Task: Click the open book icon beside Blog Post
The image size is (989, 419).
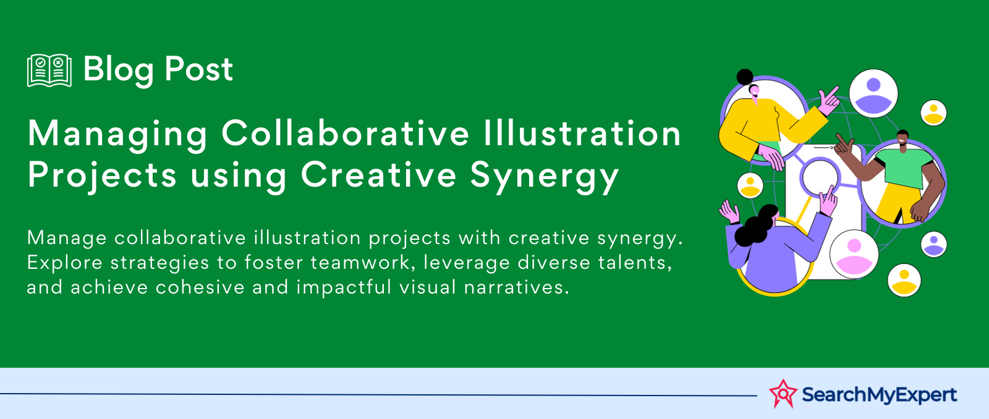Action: tap(49, 70)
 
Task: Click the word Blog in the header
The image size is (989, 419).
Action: tap(118, 70)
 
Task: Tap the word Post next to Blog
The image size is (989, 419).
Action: tap(198, 69)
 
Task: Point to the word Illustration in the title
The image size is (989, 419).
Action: tap(582, 133)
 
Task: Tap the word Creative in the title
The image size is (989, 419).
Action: tap(378, 174)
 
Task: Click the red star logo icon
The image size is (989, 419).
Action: tap(783, 394)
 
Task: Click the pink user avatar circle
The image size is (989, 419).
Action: tap(854, 255)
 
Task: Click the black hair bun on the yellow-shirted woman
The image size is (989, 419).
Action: tap(745, 77)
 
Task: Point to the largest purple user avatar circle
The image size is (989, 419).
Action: tap(873, 93)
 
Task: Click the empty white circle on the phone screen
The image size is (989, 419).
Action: tap(820, 177)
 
